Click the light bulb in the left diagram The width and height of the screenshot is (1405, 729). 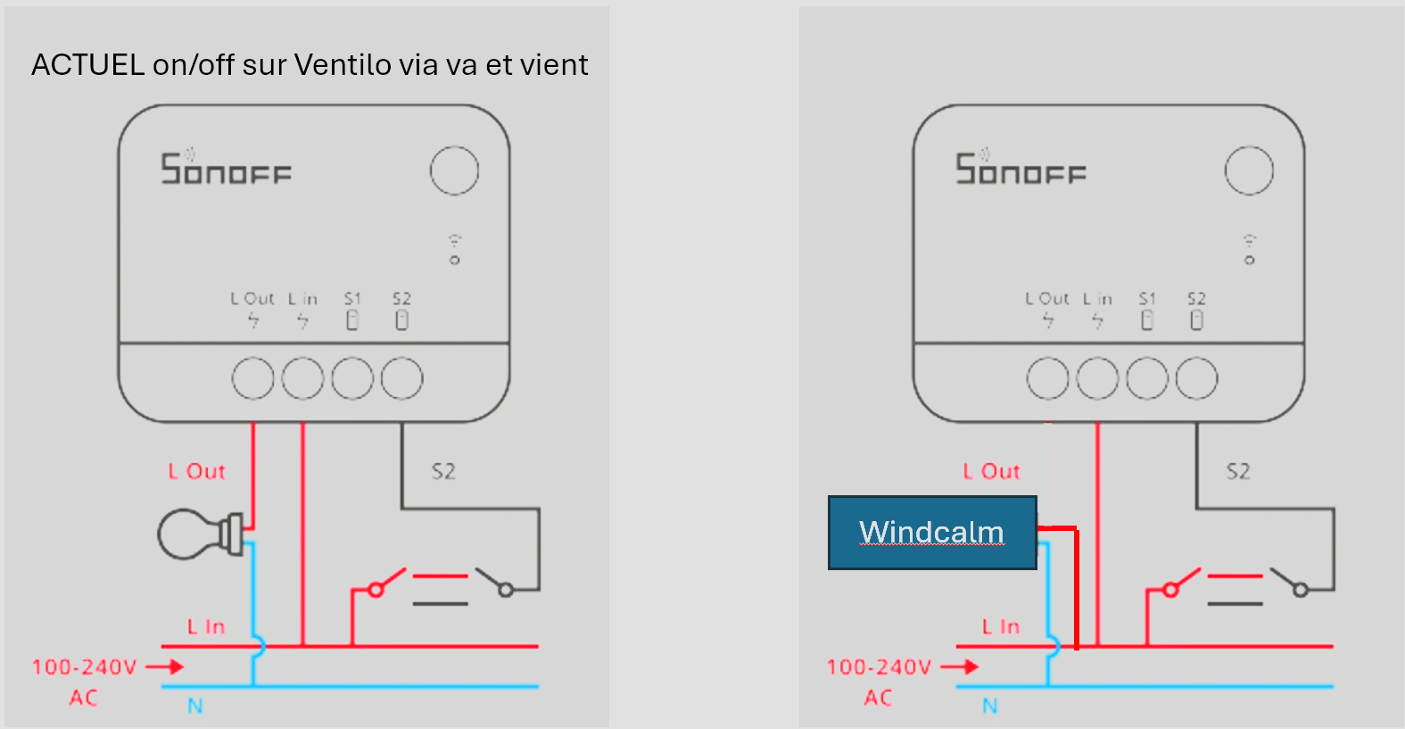[x=201, y=534]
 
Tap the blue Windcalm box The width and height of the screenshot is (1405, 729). [x=932, y=533]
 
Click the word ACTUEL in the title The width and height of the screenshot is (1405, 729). [x=88, y=64]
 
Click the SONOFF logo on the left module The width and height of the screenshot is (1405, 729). [x=227, y=169]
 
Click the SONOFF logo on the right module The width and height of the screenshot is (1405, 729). [x=1021, y=169]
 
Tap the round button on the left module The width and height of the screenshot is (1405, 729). [x=455, y=170]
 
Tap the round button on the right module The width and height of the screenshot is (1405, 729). [x=1250, y=170]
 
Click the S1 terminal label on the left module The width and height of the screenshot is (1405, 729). [x=352, y=299]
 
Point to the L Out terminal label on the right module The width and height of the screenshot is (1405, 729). [x=1047, y=299]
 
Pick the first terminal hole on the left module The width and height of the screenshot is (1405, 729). [x=252, y=378]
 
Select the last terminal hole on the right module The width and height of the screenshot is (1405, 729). [x=1197, y=378]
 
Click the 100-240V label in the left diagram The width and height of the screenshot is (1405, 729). [x=84, y=667]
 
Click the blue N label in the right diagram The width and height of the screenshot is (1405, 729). [x=990, y=707]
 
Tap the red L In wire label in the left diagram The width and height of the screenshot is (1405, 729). [x=206, y=626]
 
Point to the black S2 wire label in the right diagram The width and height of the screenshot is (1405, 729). [x=1238, y=471]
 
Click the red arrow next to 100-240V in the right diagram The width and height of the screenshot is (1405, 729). [x=960, y=667]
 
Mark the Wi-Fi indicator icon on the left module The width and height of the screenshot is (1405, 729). [x=455, y=250]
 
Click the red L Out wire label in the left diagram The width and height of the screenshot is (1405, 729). [x=196, y=471]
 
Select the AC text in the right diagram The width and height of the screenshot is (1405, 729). [x=878, y=698]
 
